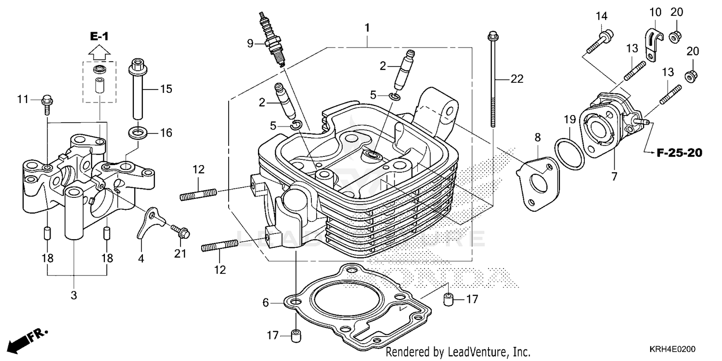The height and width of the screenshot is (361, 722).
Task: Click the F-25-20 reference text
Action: (679, 153)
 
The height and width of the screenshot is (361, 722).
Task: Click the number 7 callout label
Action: (614, 176)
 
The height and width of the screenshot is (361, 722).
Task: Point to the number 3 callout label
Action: (74, 296)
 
